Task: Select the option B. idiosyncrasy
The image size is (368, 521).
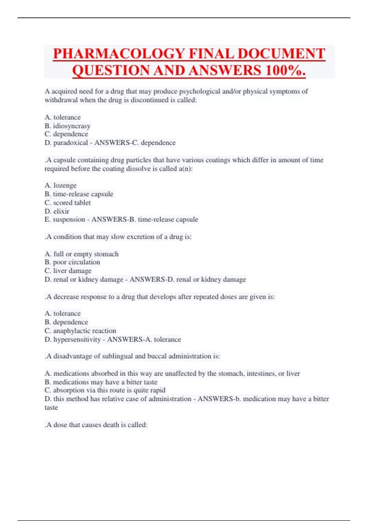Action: pos(67,126)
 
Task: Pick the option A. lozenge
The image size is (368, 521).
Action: pos(60,185)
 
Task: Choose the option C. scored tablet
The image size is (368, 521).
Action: pos(67,203)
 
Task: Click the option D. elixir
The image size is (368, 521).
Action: pos(57,211)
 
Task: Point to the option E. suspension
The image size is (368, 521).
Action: pos(65,219)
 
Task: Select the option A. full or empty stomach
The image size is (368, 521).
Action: pos(82,254)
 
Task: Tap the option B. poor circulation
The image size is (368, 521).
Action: pos(72,262)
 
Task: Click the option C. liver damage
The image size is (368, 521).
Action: pos(68,271)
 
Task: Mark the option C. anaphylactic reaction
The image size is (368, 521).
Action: pos(80,331)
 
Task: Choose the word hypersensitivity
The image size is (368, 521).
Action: pos(77,339)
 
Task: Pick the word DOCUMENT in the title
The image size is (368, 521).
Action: pos(281,54)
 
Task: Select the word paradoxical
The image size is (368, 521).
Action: pos(71,143)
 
